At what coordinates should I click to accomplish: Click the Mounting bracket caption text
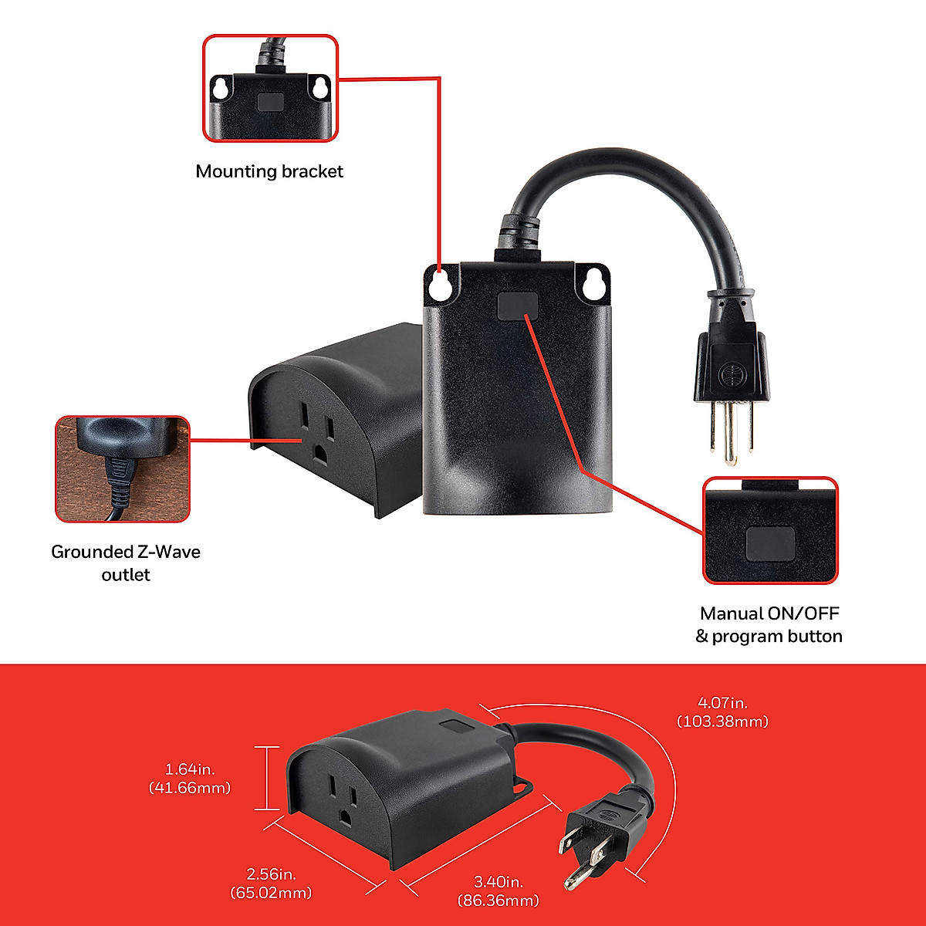click(269, 171)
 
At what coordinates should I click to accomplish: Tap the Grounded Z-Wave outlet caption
click(126, 563)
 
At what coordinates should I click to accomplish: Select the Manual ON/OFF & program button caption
click(769, 625)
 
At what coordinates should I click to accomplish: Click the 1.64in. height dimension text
click(189, 778)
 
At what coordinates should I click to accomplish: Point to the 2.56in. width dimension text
click(271, 884)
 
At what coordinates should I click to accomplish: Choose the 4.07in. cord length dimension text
click(722, 711)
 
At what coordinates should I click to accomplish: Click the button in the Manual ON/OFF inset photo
click(770, 543)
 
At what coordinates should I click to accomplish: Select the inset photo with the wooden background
click(123, 468)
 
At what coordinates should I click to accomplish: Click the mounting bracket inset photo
click(270, 88)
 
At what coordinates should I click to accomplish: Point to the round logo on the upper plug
click(729, 373)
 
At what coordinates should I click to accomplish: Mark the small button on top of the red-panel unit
click(454, 726)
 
